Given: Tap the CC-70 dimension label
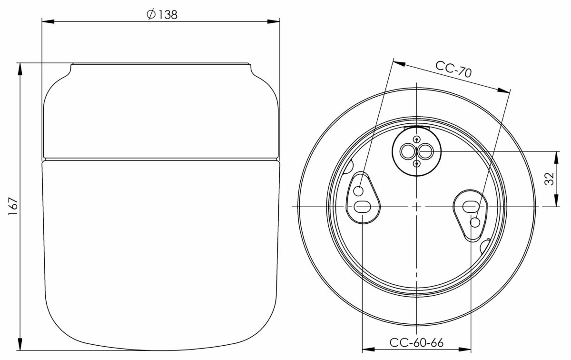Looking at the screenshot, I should pyautogui.click(x=453, y=70).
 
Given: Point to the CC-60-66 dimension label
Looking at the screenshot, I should pyautogui.click(x=416, y=342).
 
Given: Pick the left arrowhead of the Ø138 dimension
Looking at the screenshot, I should pyautogui.click(x=48, y=21).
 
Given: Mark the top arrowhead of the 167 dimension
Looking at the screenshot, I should pyautogui.click(x=20, y=68).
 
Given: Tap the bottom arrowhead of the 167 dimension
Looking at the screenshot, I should pyautogui.click(x=20, y=345).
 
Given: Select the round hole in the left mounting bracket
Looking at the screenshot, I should pyautogui.click(x=359, y=191).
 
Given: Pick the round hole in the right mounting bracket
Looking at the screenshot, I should pyautogui.click(x=474, y=222).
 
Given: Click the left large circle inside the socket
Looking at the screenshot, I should pyautogui.click(x=408, y=151).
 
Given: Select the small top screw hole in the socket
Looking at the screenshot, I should pyautogui.click(x=416, y=139).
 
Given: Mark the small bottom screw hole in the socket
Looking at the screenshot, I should pyautogui.click(x=416, y=164).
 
